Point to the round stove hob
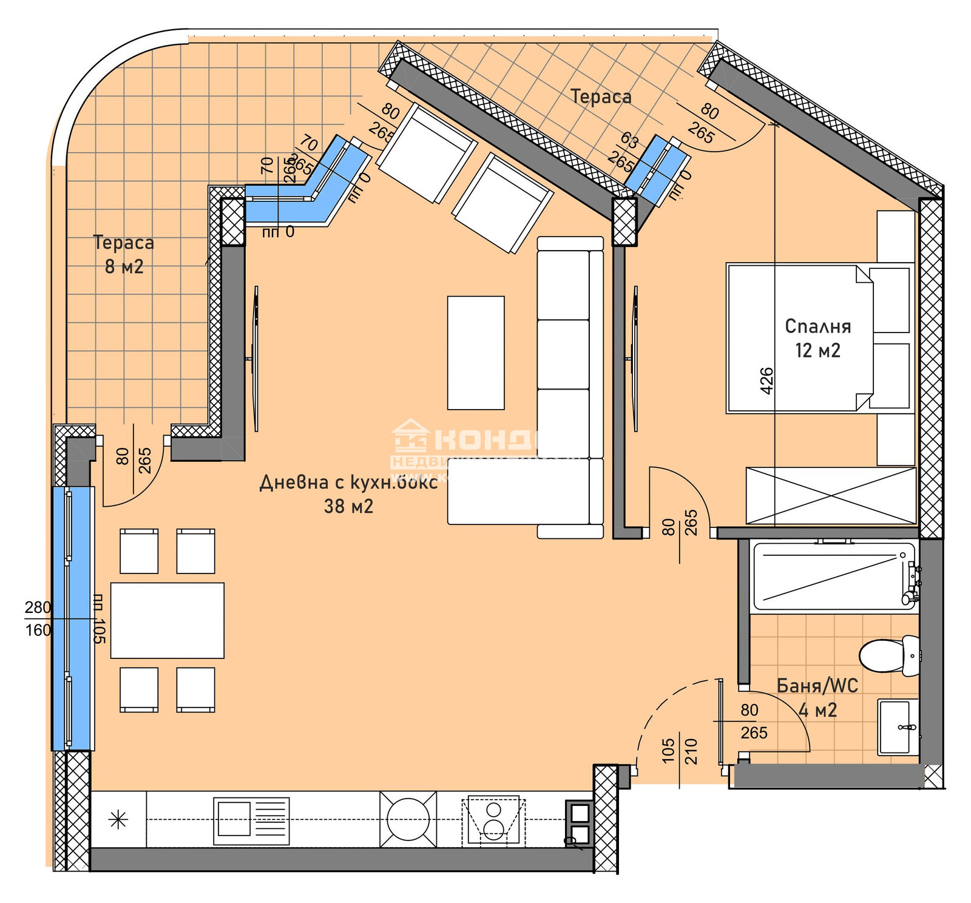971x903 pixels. click(x=408, y=819)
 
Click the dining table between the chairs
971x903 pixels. click(x=167, y=620)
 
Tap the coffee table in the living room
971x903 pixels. click(x=476, y=353)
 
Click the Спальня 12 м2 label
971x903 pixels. click(x=817, y=338)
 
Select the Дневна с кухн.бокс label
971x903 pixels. click(x=348, y=493)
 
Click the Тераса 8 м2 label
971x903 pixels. click(x=124, y=254)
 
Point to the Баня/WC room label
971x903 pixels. click(x=817, y=697)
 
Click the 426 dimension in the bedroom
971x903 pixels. click(x=766, y=380)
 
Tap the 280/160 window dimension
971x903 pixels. click(x=38, y=618)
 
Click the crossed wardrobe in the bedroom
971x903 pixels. click(x=830, y=495)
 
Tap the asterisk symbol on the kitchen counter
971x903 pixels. click(x=118, y=820)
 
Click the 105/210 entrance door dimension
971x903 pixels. click(x=679, y=751)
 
